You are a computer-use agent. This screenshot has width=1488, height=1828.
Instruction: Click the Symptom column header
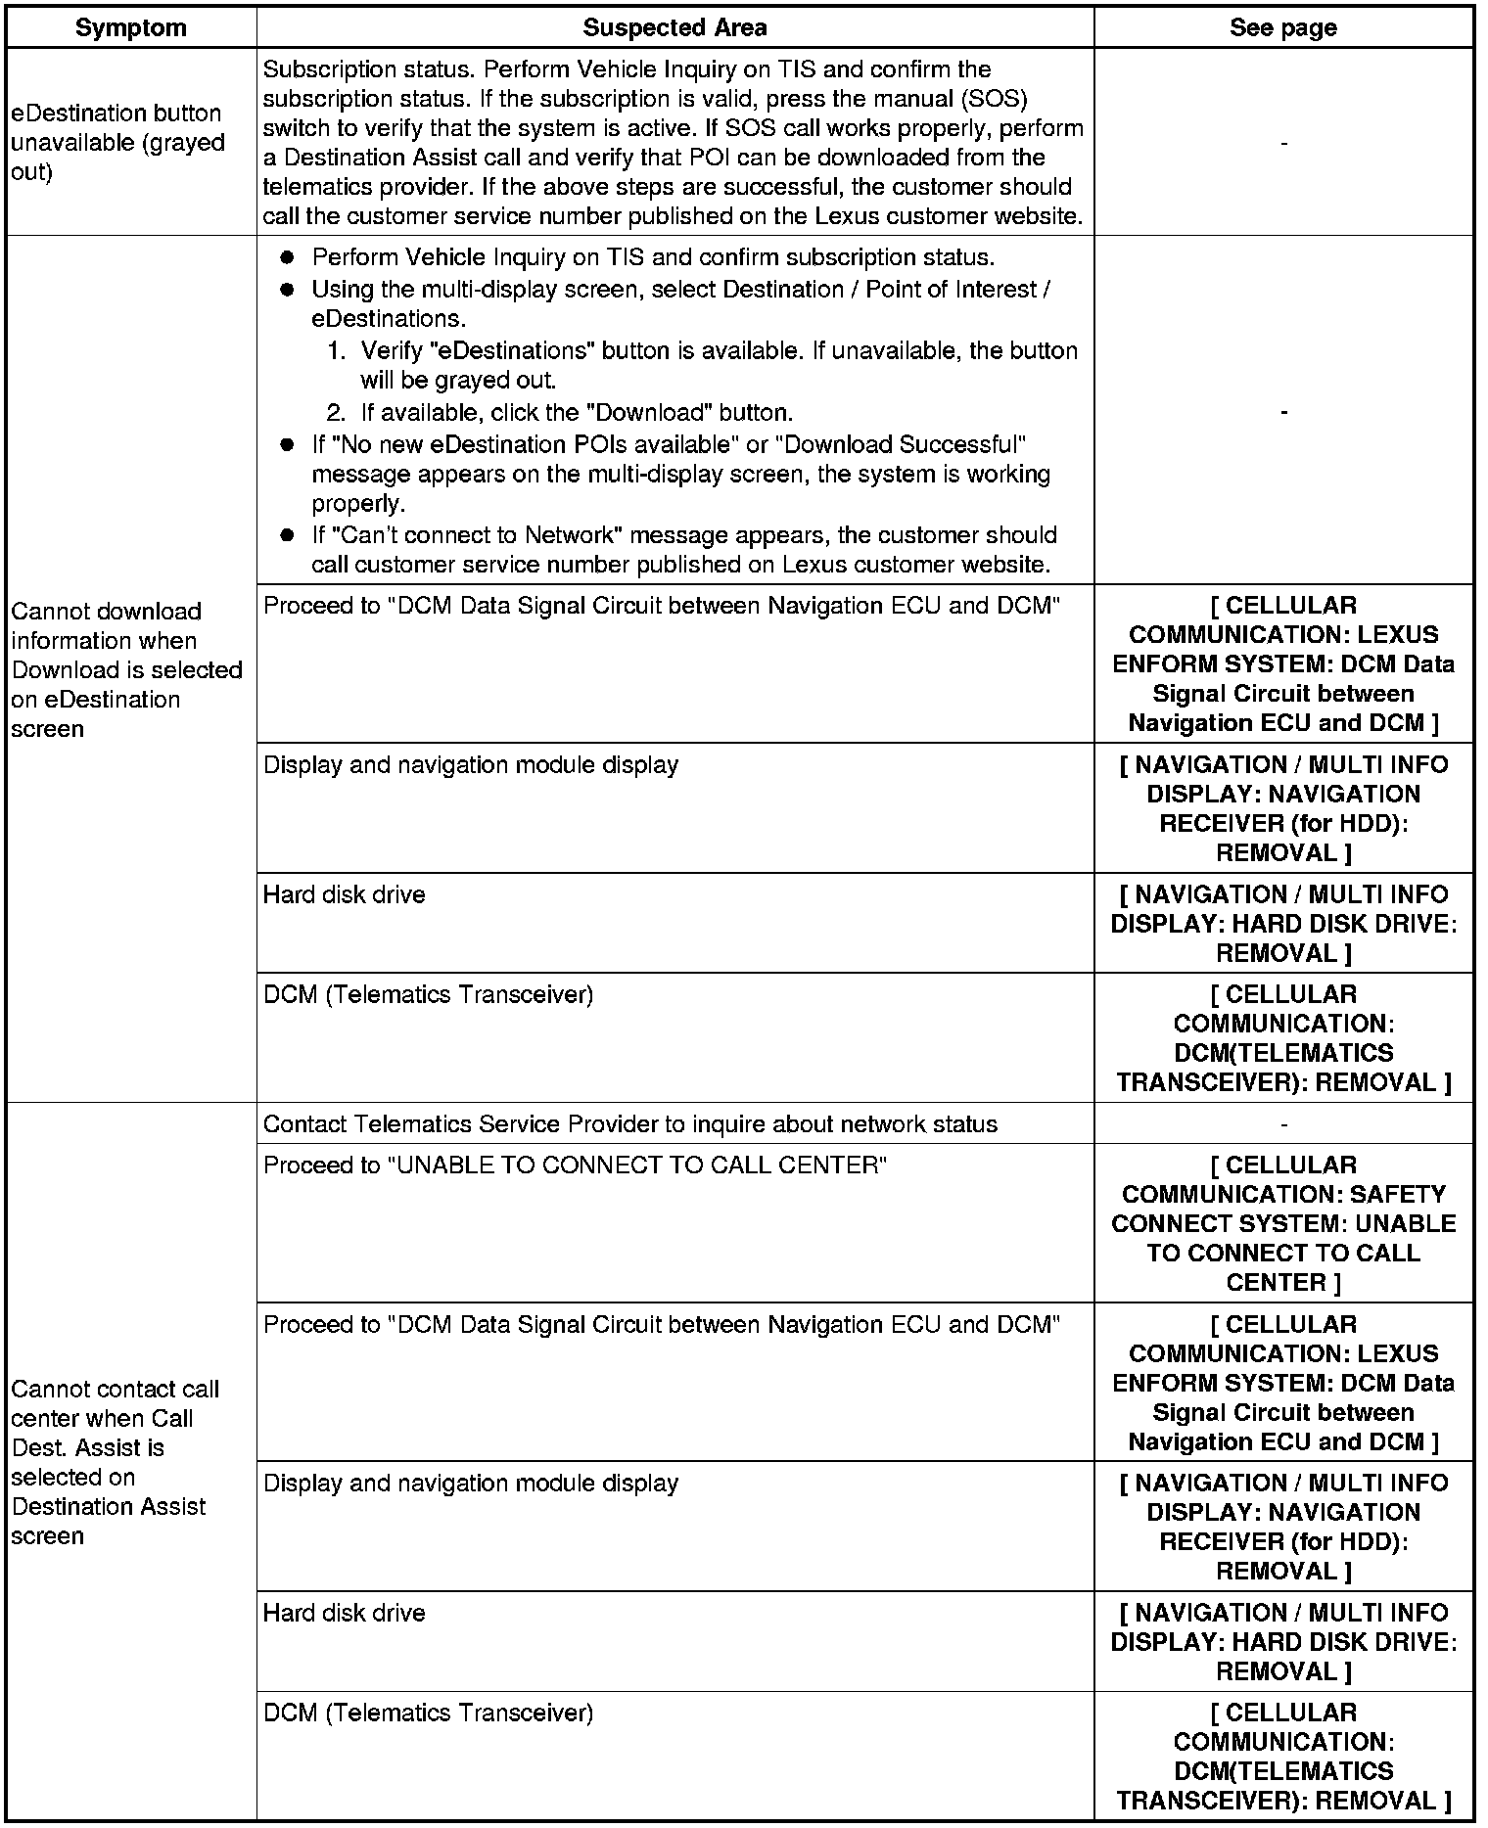point(130,27)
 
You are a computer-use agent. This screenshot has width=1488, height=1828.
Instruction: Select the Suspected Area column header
point(674,27)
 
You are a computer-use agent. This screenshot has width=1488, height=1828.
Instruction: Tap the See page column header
point(1282,27)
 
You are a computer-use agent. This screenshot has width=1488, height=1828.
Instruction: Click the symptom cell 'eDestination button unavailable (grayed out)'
point(117,143)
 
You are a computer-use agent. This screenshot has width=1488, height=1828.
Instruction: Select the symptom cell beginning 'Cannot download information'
point(126,669)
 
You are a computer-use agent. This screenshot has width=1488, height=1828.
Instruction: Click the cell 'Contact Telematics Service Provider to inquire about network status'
point(630,1124)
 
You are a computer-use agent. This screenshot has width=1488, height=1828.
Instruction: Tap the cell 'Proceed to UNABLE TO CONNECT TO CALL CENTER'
point(575,1165)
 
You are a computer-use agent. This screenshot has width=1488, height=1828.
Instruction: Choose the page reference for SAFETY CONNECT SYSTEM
point(1282,1223)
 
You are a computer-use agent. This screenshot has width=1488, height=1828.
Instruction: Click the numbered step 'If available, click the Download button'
point(577,412)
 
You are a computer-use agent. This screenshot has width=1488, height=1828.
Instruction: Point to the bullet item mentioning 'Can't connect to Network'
point(683,550)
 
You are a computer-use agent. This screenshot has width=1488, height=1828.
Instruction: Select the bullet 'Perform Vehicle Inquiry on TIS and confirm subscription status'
point(652,257)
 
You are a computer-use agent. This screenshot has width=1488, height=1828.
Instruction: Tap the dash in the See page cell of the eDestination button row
point(1283,144)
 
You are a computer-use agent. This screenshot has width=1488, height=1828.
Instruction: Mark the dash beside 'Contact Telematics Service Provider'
point(1283,1124)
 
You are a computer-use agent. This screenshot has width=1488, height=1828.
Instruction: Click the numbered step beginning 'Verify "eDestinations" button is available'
point(718,365)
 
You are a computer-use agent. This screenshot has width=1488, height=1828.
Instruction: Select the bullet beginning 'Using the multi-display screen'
point(680,303)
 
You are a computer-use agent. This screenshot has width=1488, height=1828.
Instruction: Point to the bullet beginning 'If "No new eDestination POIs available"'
point(680,474)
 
